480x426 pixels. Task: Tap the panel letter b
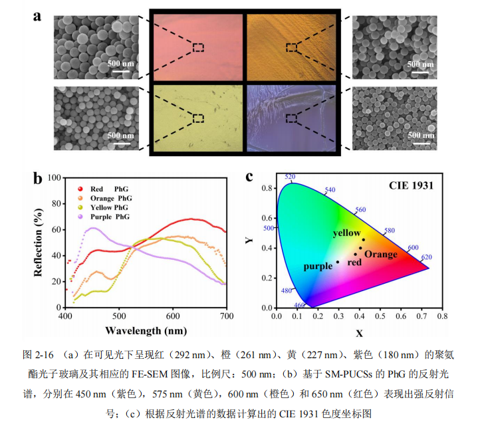(38, 177)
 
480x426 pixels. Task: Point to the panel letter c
(249, 176)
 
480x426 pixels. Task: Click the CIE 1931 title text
(411, 185)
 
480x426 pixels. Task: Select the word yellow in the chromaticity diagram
(346, 233)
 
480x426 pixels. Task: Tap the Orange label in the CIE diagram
(381, 255)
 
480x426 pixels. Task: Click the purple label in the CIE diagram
(317, 266)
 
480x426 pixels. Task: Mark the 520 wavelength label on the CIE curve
(289, 177)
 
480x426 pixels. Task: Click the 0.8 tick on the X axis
(441, 317)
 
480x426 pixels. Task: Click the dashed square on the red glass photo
(198, 47)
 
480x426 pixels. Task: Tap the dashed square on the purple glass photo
(291, 118)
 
